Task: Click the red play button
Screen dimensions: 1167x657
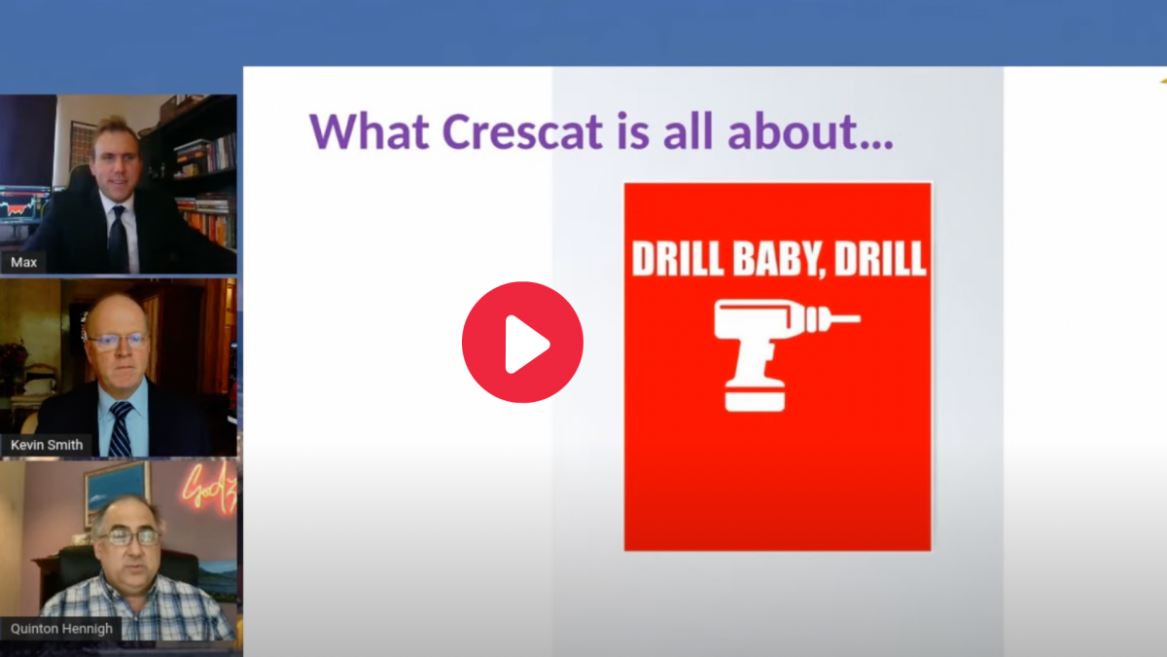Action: pyautogui.click(x=522, y=342)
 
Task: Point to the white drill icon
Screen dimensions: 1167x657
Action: pyautogui.click(x=787, y=355)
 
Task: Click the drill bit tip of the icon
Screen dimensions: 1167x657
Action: pyautogui.click(x=859, y=317)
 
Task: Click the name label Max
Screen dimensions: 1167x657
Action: pyautogui.click(x=24, y=262)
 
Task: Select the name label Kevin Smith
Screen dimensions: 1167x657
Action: pyautogui.click(x=47, y=445)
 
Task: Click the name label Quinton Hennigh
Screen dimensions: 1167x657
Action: pyautogui.click(x=61, y=629)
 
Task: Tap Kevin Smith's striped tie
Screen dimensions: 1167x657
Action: pyautogui.click(x=121, y=428)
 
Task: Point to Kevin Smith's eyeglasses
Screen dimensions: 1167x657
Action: pyautogui.click(x=118, y=342)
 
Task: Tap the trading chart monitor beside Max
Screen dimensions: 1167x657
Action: pyautogui.click(x=23, y=206)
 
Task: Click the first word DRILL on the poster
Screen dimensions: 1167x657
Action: pyautogui.click(x=678, y=259)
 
